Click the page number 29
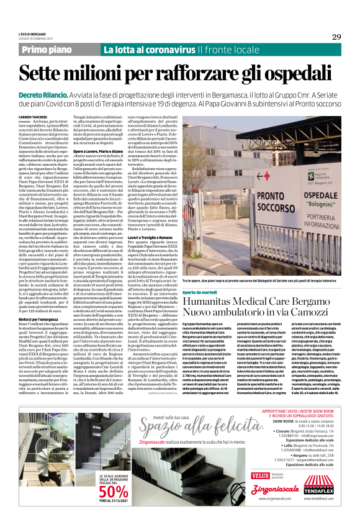336,37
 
